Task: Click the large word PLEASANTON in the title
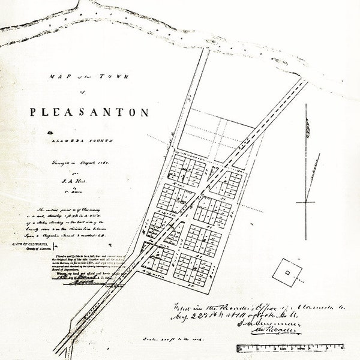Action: [90, 112]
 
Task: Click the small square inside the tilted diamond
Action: [287, 272]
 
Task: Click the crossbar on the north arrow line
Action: [305, 202]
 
